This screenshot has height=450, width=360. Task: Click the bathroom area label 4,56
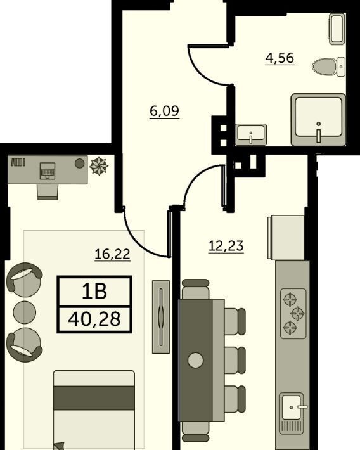click(x=280, y=58)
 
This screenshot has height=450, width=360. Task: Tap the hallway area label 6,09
click(x=165, y=111)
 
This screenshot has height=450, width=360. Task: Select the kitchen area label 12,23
click(x=226, y=246)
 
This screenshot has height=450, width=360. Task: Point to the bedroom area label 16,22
click(x=112, y=254)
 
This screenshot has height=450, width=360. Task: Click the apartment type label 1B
click(x=94, y=292)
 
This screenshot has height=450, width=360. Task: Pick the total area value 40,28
click(x=94, y=319)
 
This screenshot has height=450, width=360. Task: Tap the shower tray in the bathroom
click(x=318, y=119)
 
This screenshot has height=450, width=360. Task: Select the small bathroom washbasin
click(x=251, y=134)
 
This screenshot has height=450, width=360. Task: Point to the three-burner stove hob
click(x=293, y=314)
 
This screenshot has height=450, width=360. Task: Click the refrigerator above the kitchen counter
click(x=286, y=238)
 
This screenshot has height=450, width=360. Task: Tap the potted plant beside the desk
click(x=99, y=165)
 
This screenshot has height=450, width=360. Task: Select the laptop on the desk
click(x=48, y=170)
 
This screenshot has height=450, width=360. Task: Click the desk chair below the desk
click(x=48, y=191)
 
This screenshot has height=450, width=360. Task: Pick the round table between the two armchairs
click(x=25, y=312)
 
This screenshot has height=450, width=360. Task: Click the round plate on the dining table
click(x=195, y=360)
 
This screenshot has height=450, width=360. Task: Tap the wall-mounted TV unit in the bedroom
click(x=161, y=317)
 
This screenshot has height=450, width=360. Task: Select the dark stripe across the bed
click(x=94, y=398)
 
